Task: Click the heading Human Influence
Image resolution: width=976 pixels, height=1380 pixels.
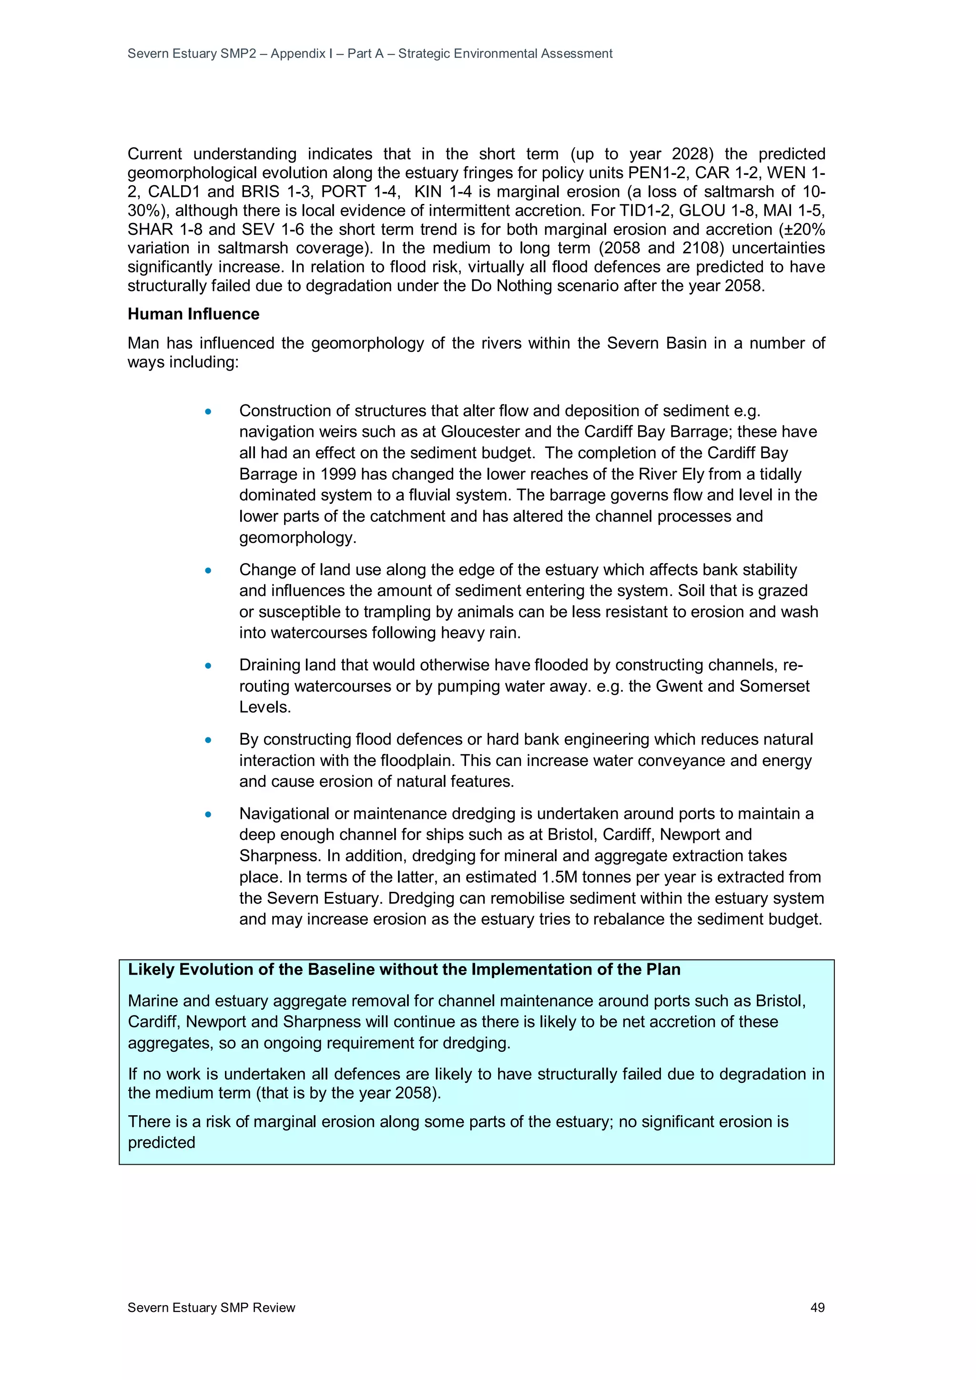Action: point(193,314)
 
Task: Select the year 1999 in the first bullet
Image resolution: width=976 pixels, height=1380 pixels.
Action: point(338,474)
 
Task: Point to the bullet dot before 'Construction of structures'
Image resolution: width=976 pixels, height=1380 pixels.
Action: point(208,412)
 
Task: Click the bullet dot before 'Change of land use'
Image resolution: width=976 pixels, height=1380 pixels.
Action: point(208,570)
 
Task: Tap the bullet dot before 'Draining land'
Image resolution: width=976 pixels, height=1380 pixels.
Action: point(208,666)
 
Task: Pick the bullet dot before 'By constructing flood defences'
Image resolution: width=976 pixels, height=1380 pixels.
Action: point(208,740)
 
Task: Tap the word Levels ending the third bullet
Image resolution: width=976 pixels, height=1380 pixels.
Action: point(264,707)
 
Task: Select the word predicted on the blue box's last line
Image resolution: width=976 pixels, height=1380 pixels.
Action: point(161,1143)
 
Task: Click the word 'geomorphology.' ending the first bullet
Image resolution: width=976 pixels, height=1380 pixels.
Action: point(298,537)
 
